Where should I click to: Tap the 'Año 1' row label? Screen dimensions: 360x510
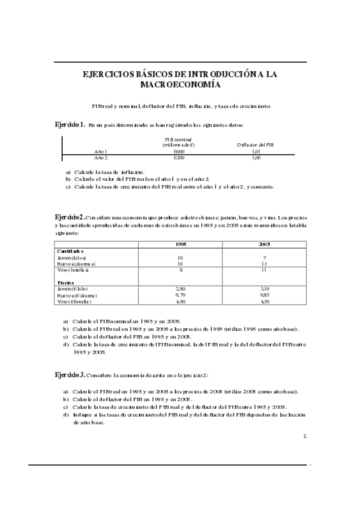click(101, 152)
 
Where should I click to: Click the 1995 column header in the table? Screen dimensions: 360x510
click(180, 244)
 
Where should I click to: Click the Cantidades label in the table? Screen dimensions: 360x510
click(70, 251)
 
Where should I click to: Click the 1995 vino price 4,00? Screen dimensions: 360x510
click(180, 301)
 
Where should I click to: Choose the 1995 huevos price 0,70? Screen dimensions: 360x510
click(180, 295)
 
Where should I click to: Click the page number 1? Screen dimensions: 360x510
click(305, 435)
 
